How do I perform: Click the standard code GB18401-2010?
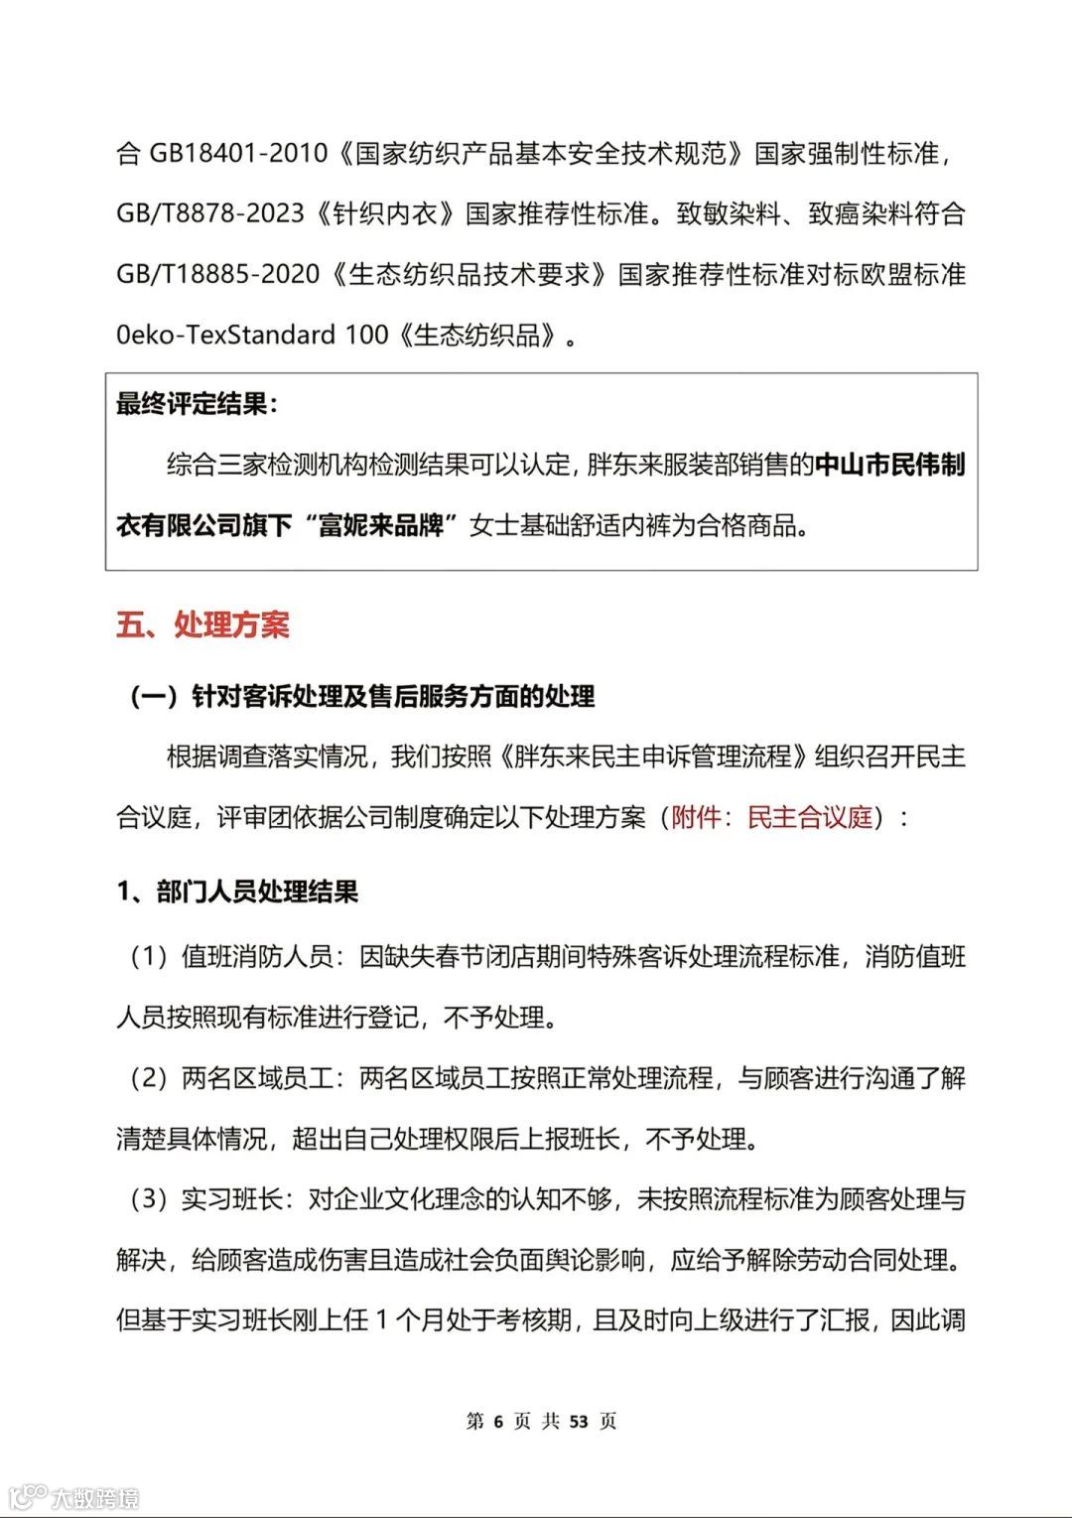point(238,154)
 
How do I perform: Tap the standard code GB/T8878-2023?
point(210,214)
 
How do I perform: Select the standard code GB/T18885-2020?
point(218,275)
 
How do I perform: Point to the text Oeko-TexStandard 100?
point(252,336)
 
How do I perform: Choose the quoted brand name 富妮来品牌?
point(380,525)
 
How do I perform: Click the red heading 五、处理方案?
point(202,625)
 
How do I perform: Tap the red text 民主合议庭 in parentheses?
point(810,818)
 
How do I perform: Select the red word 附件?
point(697,818)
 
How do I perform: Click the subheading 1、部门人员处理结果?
point(237,892)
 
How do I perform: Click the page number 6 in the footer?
point(498,1422)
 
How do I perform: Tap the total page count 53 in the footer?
point(579,1422)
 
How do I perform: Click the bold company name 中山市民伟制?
point(889,465)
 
